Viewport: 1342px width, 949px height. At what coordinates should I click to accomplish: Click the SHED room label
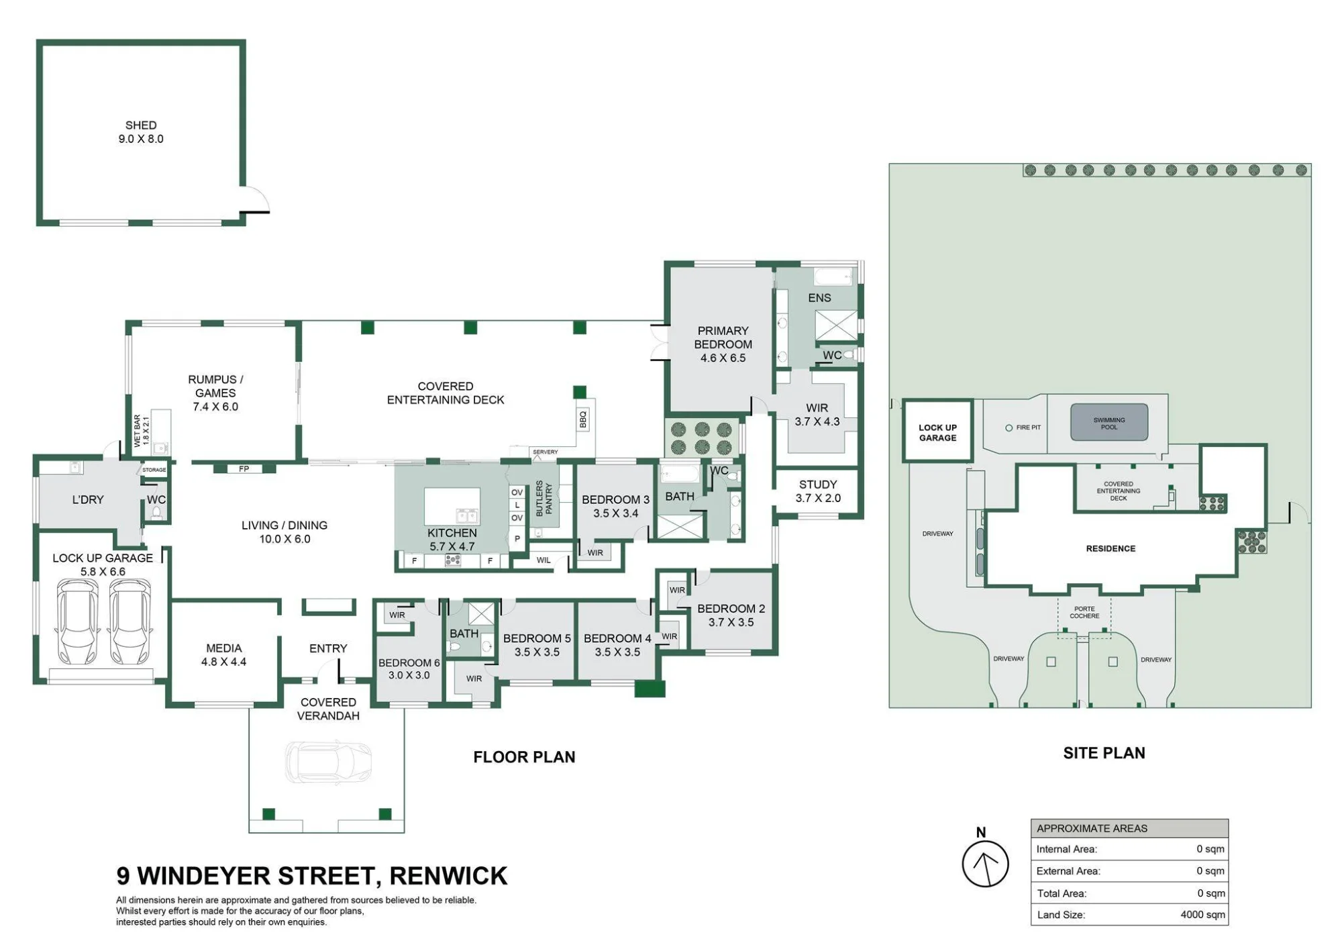(141, 132)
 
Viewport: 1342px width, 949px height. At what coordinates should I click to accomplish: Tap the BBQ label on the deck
(583, 419)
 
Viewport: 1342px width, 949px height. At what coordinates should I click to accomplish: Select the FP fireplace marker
(244, 468)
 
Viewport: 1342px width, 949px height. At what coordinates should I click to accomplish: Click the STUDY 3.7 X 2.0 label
(818, 491)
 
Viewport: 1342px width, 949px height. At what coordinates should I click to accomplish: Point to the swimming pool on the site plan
(1109, 422)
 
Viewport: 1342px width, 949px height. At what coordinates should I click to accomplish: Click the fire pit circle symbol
(1009, 428)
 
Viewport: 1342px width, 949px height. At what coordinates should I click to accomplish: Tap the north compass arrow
(986, 864)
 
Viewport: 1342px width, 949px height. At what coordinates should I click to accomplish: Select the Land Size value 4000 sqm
(1202, 915)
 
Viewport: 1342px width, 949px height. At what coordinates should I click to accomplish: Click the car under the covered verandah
(328, 762)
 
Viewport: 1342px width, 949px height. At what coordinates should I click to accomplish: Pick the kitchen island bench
(452, 506)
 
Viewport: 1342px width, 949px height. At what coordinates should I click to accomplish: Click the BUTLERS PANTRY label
(544, 498)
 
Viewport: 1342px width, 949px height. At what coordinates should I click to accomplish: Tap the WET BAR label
(142, 431)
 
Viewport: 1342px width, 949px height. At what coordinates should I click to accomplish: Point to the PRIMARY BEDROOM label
(723, 344)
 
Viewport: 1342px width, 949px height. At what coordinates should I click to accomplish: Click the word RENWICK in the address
(448, 877)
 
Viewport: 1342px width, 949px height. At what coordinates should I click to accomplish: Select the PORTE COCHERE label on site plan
(1084, 612)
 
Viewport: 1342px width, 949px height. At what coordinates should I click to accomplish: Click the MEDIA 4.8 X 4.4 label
(224, 655)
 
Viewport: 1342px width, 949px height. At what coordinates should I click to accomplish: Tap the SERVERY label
(545, 452)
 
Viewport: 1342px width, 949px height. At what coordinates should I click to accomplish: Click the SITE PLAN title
(1104, 753)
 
